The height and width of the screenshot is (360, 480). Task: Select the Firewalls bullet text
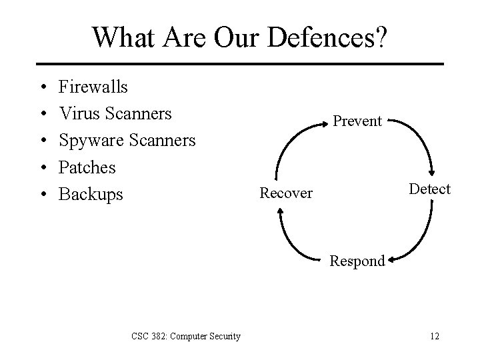pos(93,87)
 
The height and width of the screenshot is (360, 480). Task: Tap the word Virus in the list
pos(79,113)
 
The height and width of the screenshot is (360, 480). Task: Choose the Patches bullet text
pos(87,167)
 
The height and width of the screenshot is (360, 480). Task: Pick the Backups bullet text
pos(91,194)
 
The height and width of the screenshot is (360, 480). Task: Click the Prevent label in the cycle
pos(357,121)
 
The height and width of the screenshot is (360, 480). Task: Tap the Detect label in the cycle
pos(430,189)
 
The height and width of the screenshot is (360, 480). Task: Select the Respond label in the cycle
pos(357,261)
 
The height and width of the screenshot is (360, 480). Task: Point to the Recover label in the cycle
pos(286,193)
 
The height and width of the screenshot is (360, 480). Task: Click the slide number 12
pos(435,335)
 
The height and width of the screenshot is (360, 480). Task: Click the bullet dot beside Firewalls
pos(42,87)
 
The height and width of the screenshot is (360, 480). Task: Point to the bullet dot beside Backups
pos(42,195)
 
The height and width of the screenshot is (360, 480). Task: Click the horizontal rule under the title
pos(240,64)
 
